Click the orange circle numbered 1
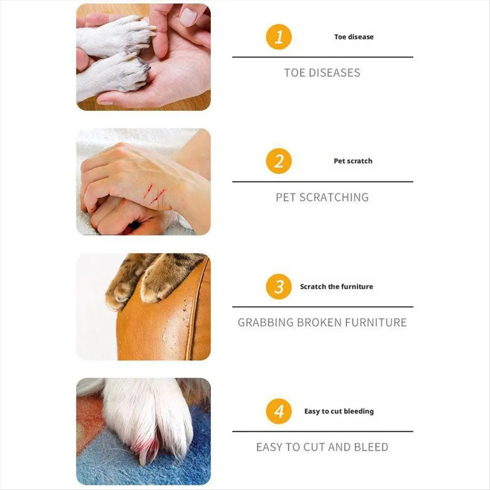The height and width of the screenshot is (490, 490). tap(279, 37)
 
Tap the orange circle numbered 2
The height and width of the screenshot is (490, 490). tap(279, 161)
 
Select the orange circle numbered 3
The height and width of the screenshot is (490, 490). tap(279, 287)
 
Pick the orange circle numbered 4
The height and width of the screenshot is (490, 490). tap(279, 411)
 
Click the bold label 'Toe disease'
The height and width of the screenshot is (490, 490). tap(354, 37)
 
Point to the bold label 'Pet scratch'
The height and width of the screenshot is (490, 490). tap(353, 161)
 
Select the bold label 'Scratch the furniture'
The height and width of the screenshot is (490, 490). tap(336, 287)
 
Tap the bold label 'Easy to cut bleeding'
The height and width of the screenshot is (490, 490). tap(339, 411)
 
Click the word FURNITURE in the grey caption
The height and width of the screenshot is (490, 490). tap(376, 323)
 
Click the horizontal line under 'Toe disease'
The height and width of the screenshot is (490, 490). tap(323, 57)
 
